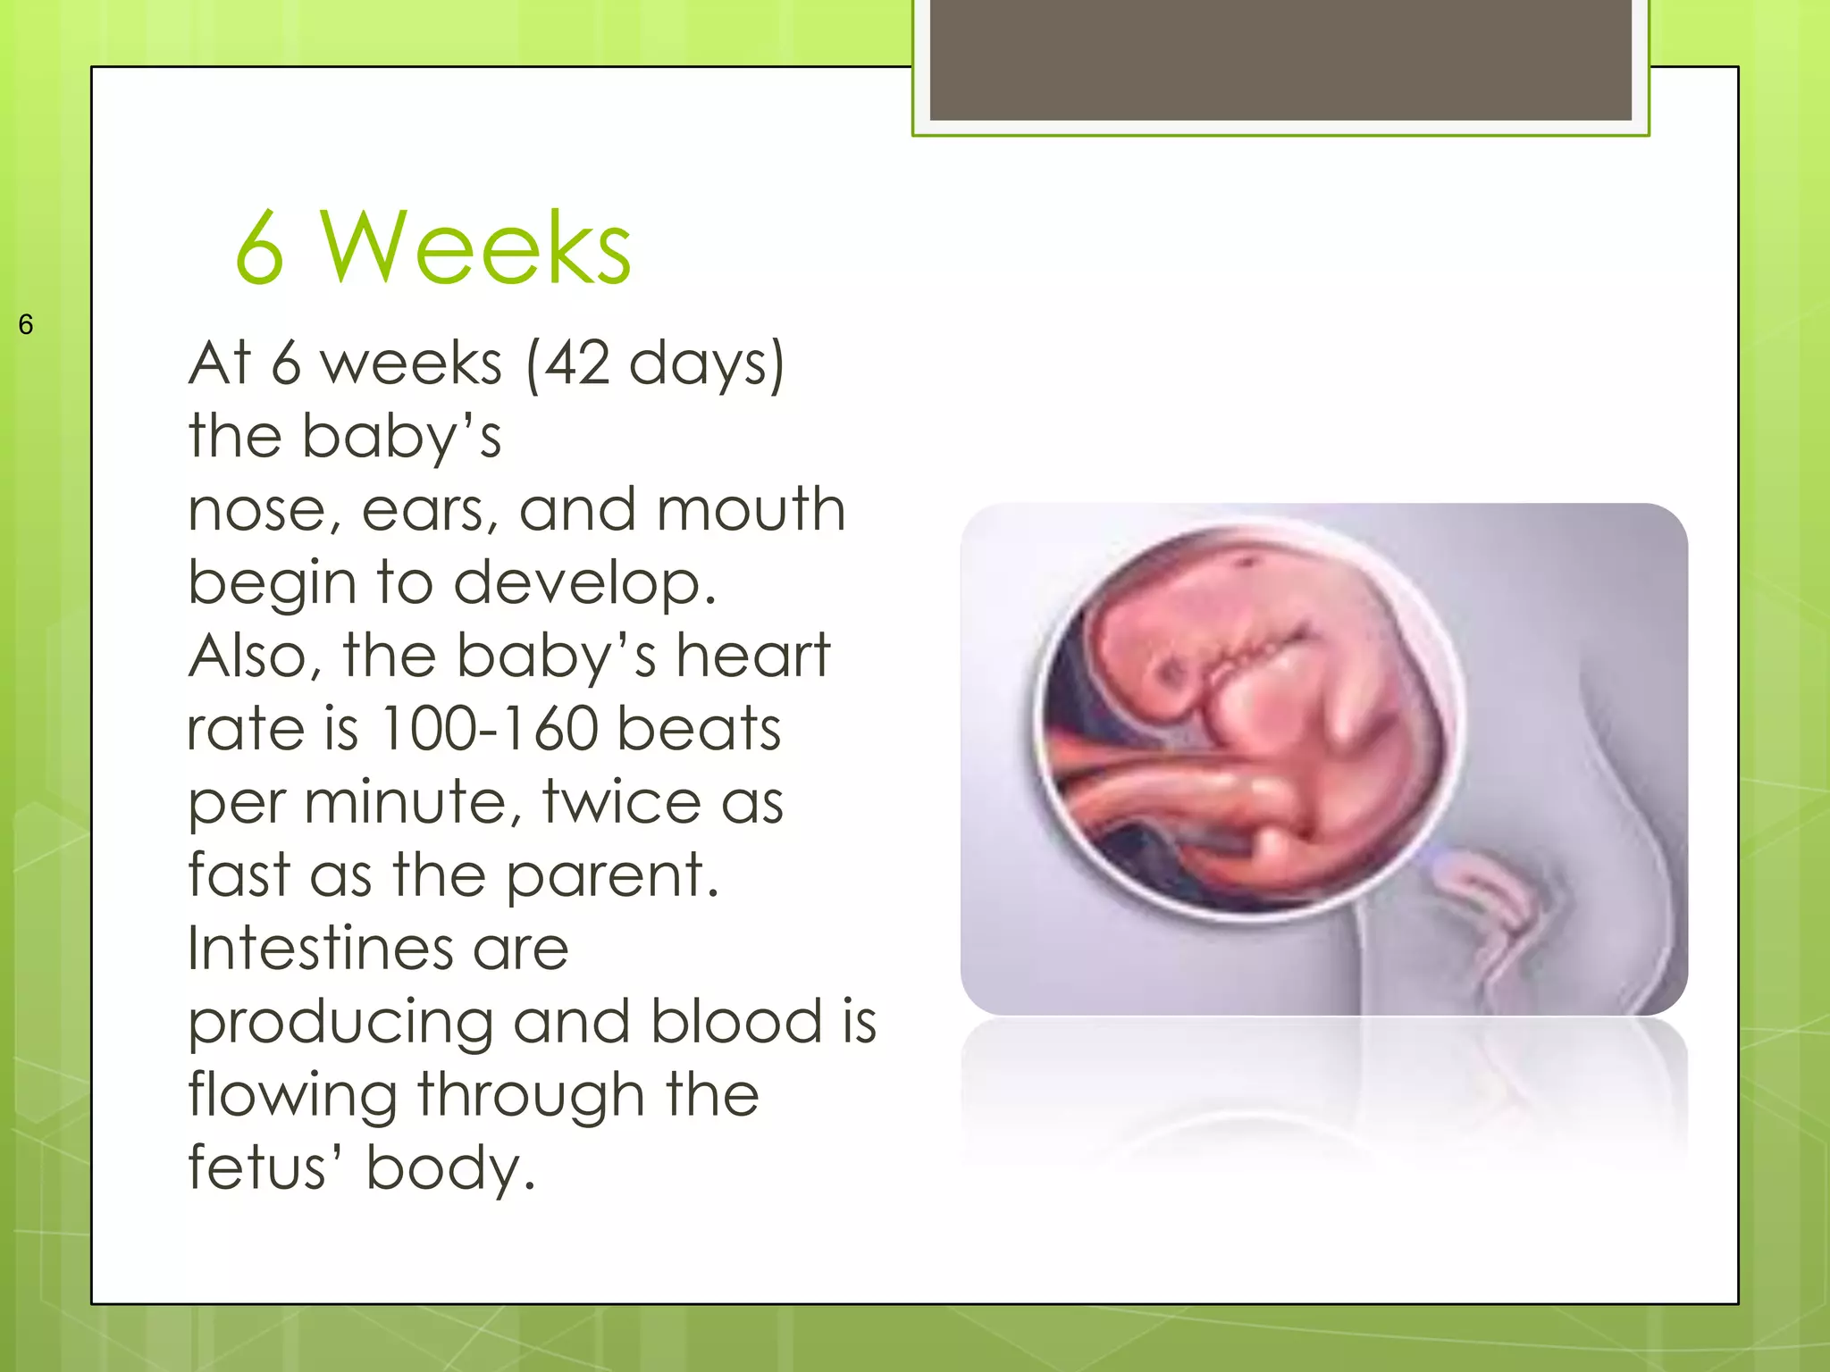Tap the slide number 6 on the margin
point(26,324)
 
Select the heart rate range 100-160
point(488,729)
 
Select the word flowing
point(292,1096)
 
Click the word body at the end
point(449,1169)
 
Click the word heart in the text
point(752,656)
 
